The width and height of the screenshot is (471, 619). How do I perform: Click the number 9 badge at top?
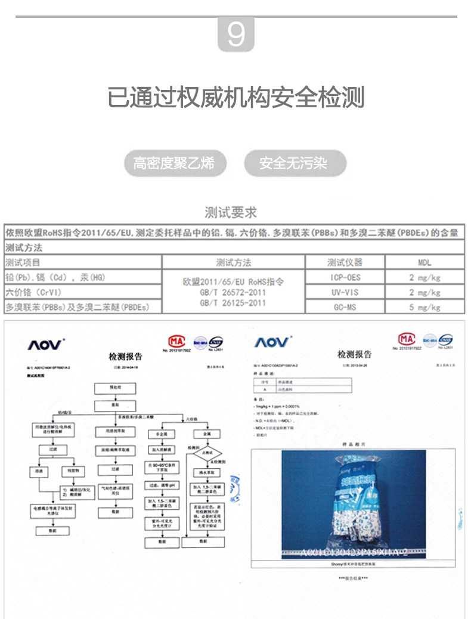[x=236, y=35]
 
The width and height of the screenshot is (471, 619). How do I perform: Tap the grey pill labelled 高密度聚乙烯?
[x=173, y=163]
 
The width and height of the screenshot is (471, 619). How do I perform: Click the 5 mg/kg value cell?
[x=424, y=308]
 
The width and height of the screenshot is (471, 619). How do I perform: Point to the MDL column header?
[x=424, y=262]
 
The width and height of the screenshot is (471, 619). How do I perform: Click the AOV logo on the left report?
[x=46, y=345]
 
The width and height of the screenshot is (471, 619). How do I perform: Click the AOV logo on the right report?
[x=273, y=342]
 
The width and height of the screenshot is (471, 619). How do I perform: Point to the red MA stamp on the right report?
[x=407, y=339]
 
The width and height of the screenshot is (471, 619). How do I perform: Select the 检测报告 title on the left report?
[x=125, y=357]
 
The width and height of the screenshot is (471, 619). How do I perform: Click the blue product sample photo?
[x=354, y=504]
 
